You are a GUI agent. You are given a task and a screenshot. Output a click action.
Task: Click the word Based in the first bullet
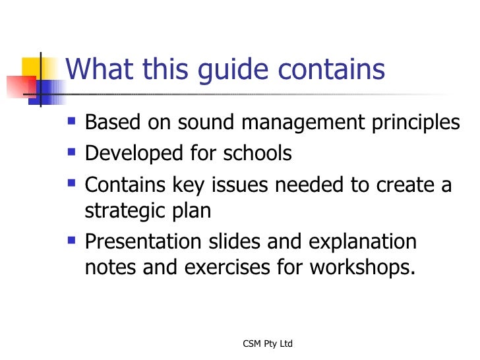click(x=112, y=123)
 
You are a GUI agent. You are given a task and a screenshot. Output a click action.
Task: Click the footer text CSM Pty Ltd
click(x=268, y=344)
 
